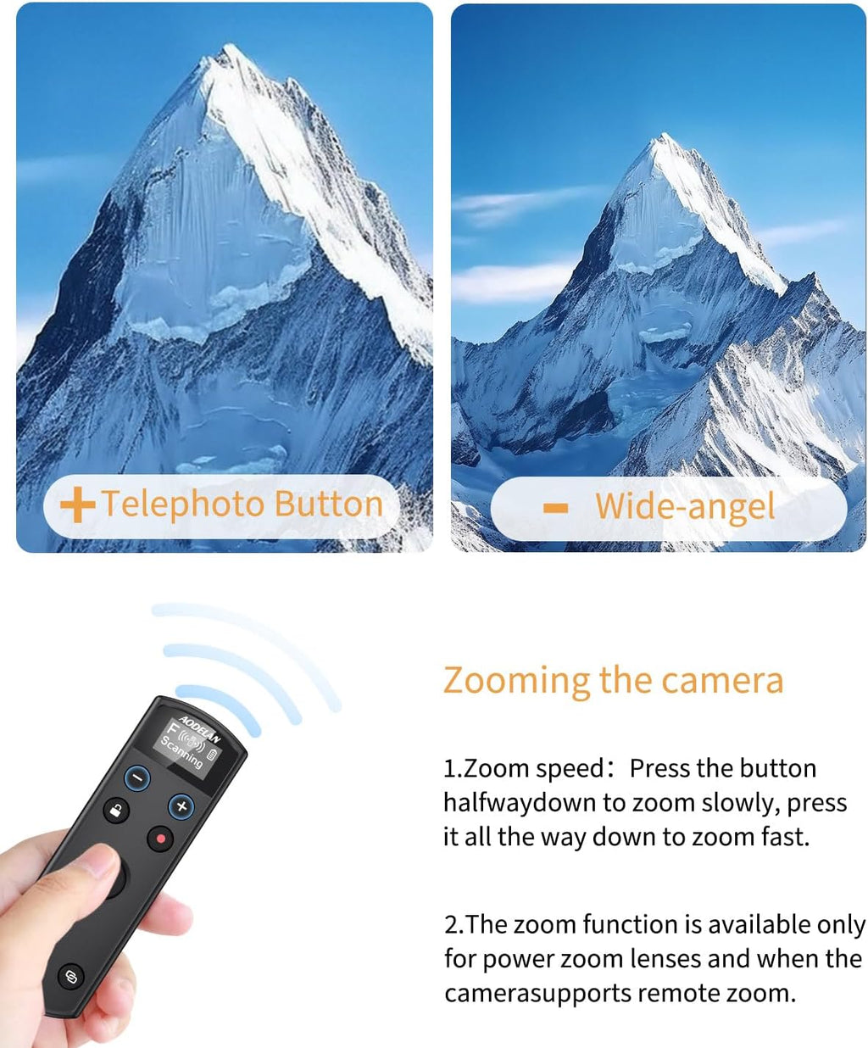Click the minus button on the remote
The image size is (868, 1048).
coord(137,778)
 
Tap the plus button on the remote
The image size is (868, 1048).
coord(181,806)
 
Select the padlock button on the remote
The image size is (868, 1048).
coord(116,811)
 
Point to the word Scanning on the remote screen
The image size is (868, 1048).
coord(182,752)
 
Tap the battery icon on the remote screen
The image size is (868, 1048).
coord(212,754)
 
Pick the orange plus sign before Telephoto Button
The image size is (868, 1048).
coord(77,505)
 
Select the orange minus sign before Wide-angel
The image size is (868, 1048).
coord(555,508)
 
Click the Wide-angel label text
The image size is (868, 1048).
coord(685,507)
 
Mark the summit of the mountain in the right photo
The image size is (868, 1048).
coord(665,137)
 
